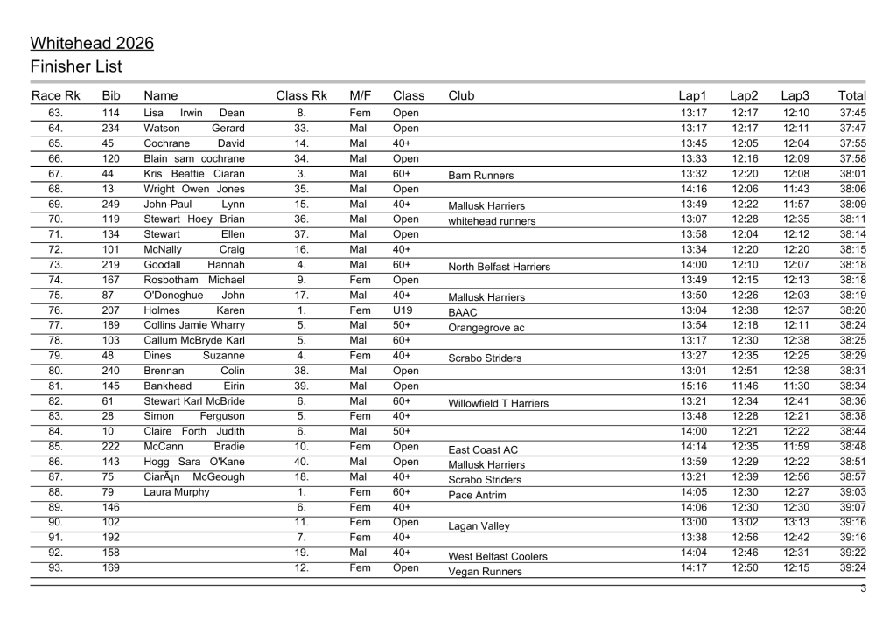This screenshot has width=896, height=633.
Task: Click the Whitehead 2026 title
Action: pyautogui.click(x=92, y=44)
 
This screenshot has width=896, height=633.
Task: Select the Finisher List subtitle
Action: pyautogui.click(x=76, y=67)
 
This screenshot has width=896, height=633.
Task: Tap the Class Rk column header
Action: pyautogui.click(x=301, y=95)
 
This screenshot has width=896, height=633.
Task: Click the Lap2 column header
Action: pyautogui.click(x=744, y=95)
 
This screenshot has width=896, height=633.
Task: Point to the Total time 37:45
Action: pyautogui.click(x=852, y=113)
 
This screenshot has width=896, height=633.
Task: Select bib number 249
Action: pyautogui.click(x=111, y=204)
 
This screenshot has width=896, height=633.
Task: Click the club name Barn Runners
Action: pyautogui.click(x=480, y=176)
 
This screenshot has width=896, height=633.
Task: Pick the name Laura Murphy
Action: pyautogui.click(x=177, y=492)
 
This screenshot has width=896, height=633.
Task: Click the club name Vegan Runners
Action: pyautogui.click(x=485, y=572)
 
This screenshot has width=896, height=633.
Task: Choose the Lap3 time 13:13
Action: pyautogui.click(x=796, y=522)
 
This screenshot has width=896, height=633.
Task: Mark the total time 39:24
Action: pyautogui.click(x=852, y=567)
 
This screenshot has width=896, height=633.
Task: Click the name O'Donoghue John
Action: pyautogui.click(x=194, y=296)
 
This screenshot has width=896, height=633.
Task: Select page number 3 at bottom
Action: pyautogui.click(x=863, y=588)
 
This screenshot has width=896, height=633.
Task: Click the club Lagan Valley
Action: pyautogui.click(x=479, y=526)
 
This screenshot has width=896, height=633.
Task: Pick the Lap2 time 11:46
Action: pyautogui.click(x=745, y=386)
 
